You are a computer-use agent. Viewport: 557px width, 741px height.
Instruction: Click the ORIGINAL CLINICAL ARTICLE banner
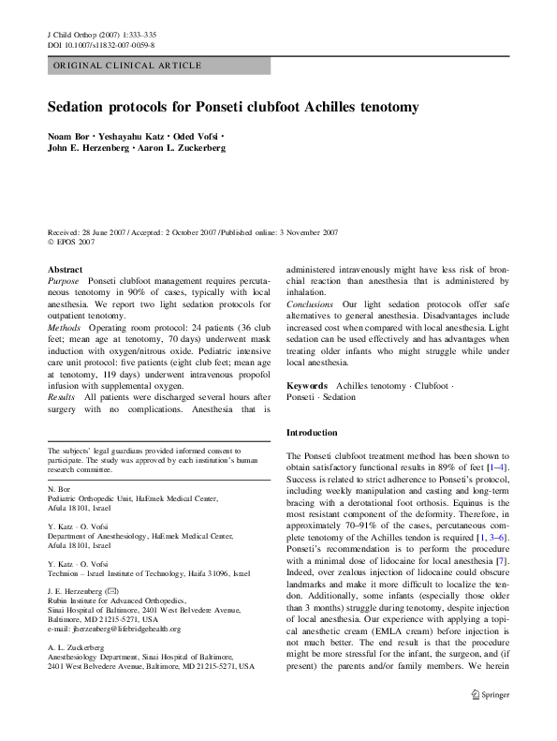(x=127, y=66)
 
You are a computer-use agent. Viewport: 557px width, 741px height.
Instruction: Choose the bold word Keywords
(x=307, y=386)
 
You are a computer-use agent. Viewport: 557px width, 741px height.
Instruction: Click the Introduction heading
(x=312, y=433)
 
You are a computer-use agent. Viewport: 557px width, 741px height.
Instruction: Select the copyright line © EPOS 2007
(x=71, y=241)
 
